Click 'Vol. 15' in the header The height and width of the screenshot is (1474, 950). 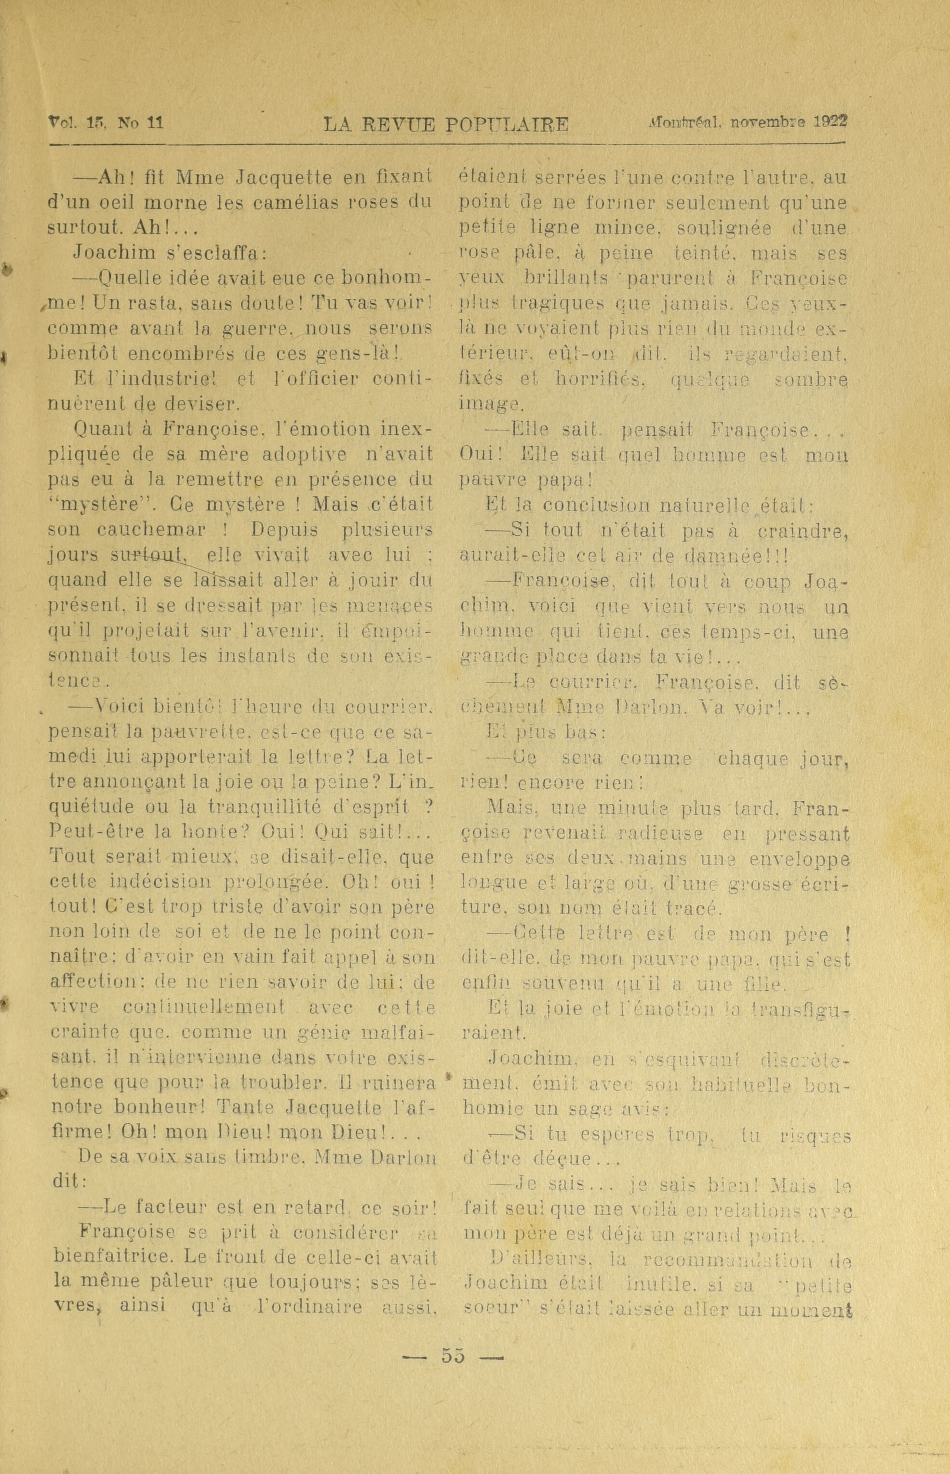click(x=77, y=121)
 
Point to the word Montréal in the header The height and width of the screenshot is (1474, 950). click(x=685, y=121)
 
